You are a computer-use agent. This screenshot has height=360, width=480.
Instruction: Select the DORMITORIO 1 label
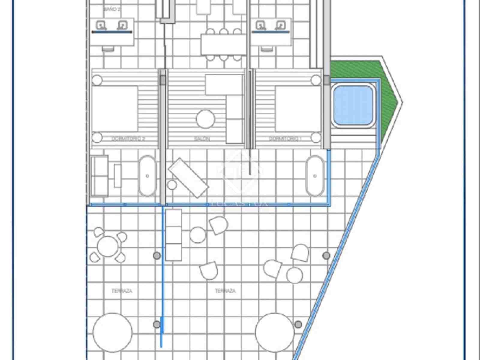coord(285,139)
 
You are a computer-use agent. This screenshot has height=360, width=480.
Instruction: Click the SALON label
coord(202,139)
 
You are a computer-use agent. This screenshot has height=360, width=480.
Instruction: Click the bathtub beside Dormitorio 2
coord(147,176)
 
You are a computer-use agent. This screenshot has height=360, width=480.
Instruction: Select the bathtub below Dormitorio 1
coord(315,176)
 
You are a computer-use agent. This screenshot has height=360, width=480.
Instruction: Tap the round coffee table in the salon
coord(205,119)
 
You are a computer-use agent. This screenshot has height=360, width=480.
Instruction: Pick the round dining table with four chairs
coord(107,246)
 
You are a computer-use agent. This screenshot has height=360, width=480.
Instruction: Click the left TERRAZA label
coord(122,291)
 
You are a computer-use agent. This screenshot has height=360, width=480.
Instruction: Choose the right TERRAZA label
coord(225,291)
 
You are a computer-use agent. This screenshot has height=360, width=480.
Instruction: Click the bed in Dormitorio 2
coord(115,109)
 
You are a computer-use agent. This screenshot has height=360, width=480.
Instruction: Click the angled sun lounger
coord(188,178)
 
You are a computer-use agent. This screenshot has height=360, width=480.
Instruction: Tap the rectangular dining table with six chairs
coord(224,44)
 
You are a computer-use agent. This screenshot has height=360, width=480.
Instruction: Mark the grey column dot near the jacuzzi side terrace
coord(326,256)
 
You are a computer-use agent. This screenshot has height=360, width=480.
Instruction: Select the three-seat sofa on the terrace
coord(174,235)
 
